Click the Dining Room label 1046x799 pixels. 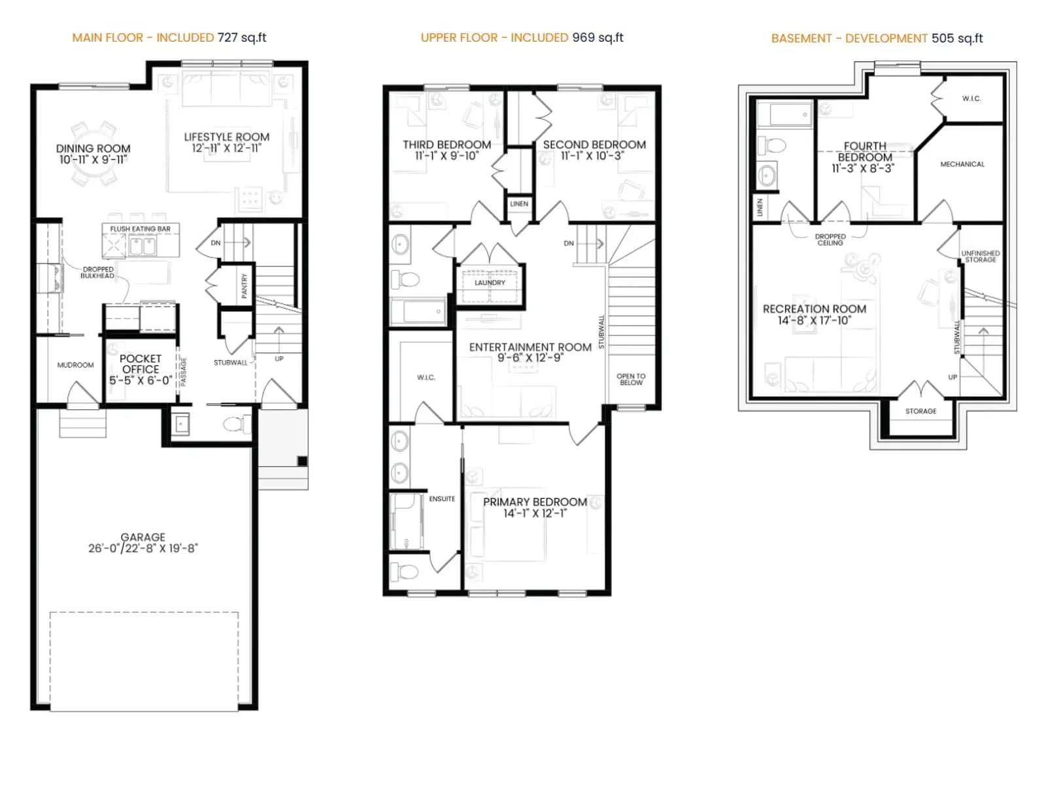93,148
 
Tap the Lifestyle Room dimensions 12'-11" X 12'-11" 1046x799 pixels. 227,148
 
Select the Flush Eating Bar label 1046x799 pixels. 140,229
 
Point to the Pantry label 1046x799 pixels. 244,285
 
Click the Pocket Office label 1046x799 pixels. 141,364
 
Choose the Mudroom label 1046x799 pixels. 75,365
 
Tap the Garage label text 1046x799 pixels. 143,537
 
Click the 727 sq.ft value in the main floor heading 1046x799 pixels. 242,38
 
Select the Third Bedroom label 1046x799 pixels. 447,145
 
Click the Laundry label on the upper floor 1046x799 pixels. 490,283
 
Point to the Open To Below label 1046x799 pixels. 631,379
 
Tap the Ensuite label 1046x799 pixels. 442,499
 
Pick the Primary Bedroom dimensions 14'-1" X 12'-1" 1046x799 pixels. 535,514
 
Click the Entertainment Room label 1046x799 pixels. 530,347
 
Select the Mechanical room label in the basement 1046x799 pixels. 962,164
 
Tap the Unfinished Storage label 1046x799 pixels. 981,256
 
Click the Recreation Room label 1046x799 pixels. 815,309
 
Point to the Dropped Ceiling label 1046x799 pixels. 830,240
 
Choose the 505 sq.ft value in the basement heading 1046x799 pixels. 957,38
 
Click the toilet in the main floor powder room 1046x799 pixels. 237,424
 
